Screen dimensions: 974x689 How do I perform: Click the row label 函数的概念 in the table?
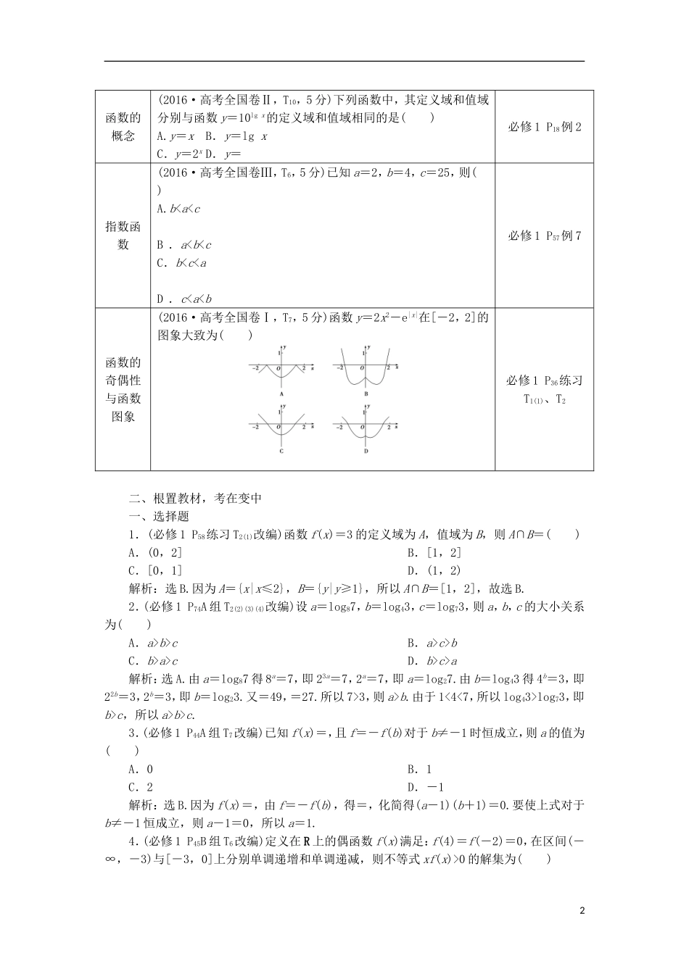tap(123, 126)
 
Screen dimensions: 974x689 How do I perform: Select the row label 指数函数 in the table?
tap(123, 236)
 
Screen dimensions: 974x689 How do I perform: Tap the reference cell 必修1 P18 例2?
tap(544, 127)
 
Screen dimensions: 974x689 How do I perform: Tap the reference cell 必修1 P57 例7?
tap(544, 236)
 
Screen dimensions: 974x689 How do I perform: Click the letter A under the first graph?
tap(281, 393)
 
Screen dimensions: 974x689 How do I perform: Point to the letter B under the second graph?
tap(366, 393)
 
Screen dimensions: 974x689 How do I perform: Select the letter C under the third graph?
tap(281, 451)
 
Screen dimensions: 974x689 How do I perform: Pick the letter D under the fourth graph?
tap(366, 451)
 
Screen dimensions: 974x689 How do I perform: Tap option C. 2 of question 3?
tap(141, 787)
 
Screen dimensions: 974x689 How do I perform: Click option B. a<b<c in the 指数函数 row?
tap(185, 245)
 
